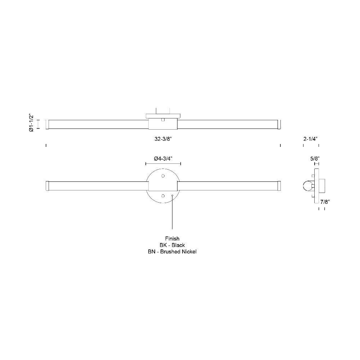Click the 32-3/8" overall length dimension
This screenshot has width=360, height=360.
click(163, 139)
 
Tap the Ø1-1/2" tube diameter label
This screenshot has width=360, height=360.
click(31, 123)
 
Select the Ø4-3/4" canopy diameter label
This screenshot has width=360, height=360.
click(163, 159)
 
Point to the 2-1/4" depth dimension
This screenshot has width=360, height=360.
click(310, 139)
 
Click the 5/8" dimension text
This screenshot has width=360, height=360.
click(315, 159)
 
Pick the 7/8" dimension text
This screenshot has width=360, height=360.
click(325, 202)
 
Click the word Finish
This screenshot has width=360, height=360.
click(172, 239)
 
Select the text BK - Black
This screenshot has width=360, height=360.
click(172, 245)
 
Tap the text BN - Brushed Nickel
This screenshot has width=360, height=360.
click(172, 252)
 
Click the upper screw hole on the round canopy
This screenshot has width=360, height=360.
click(163, 176)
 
